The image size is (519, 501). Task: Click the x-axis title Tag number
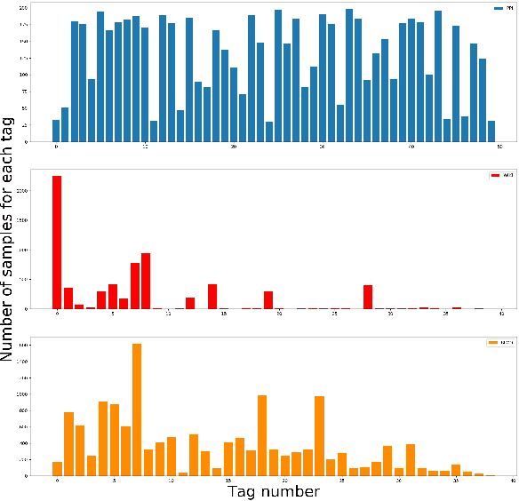[273, 491]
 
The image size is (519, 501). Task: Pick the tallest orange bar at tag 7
[137, 409]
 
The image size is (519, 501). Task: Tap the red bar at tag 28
[368, 297]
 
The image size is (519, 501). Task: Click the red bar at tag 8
[146, 281]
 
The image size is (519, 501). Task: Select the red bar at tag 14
[212, 297]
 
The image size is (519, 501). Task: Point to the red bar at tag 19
[268, 300]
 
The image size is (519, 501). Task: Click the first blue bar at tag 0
[56, 131]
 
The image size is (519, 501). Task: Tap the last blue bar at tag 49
[491, 131]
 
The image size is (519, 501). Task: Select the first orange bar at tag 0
[57, 468]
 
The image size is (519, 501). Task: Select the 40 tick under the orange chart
[513, 481]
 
